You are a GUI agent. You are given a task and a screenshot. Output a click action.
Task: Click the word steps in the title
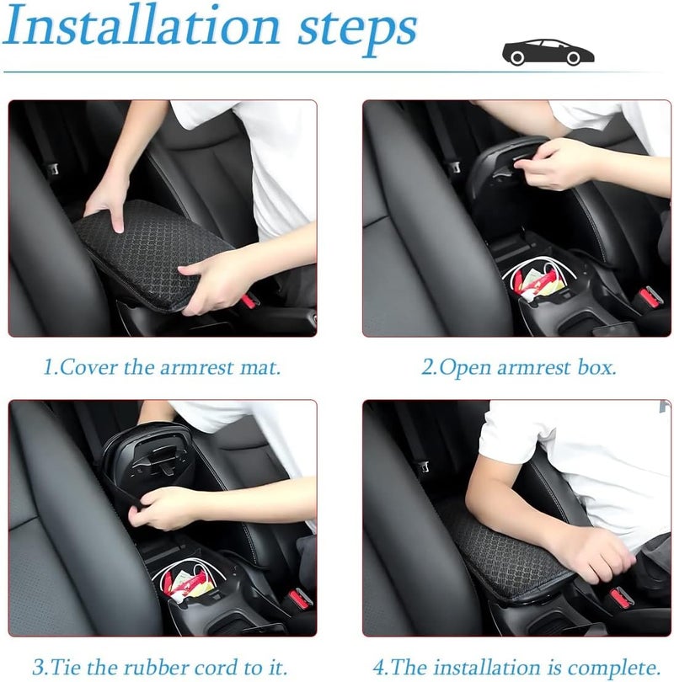[356, 29]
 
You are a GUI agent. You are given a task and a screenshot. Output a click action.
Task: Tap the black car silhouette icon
[548, 51]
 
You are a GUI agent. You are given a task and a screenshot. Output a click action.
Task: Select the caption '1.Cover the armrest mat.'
[162, 368]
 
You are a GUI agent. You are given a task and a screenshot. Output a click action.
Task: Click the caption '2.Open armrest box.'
[519, 368]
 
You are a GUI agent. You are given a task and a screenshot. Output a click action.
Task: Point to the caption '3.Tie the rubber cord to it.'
[160, 667]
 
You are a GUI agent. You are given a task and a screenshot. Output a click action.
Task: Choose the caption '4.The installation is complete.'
[516, 667]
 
